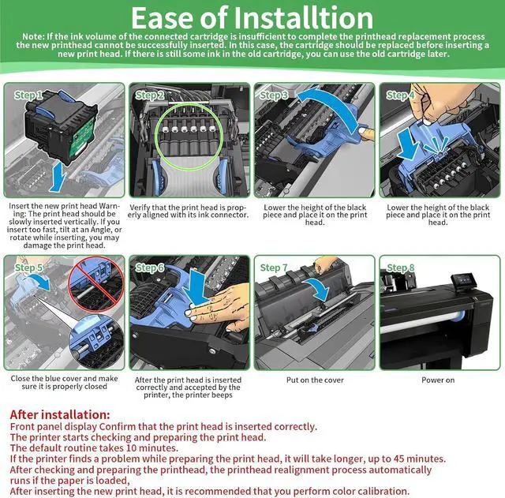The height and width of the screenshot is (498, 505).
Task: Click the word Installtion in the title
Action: pos(304,17)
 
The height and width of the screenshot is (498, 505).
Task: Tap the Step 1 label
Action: pos(28,95)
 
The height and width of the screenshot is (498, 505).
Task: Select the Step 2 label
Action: pos(150,95)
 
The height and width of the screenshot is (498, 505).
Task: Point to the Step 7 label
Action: pos(274,268)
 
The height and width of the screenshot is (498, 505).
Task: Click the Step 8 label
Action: pos(400,268)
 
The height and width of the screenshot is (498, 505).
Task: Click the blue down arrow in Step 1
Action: pos(58,177)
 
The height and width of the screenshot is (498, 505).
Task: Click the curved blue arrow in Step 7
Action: pos(319,287)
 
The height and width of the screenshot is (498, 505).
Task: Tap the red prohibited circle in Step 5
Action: pos(96,285)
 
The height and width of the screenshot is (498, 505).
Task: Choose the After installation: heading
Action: pos(60,414)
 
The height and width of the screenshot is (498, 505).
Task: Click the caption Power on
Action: pos(438,380)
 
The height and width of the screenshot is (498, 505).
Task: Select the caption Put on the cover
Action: pos(315,380)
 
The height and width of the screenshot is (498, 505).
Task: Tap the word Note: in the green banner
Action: pos(33,37)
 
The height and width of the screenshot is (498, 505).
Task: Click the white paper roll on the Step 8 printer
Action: pos(422,322)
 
